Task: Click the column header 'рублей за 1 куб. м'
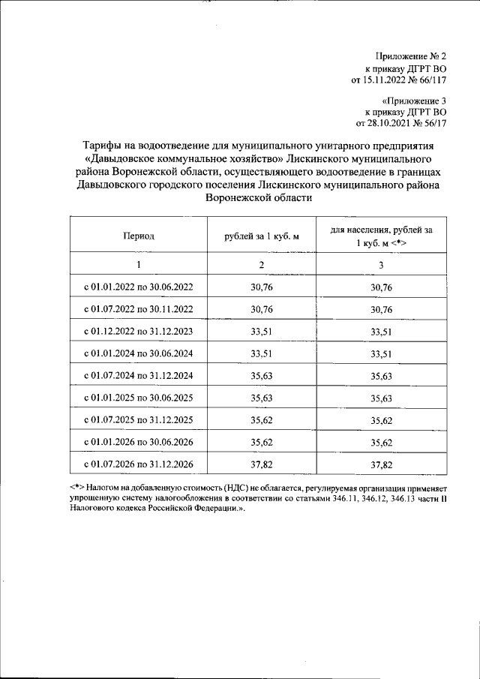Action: pyautogui.click(x=262, y=236)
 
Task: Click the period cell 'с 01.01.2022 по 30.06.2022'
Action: pyautogui.click(x=139, y=287)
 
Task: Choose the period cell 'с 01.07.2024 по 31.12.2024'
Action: pyautogui.click(x=139, y=376)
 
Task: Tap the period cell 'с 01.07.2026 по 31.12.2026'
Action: pyautogui.click(x=139, y=464)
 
